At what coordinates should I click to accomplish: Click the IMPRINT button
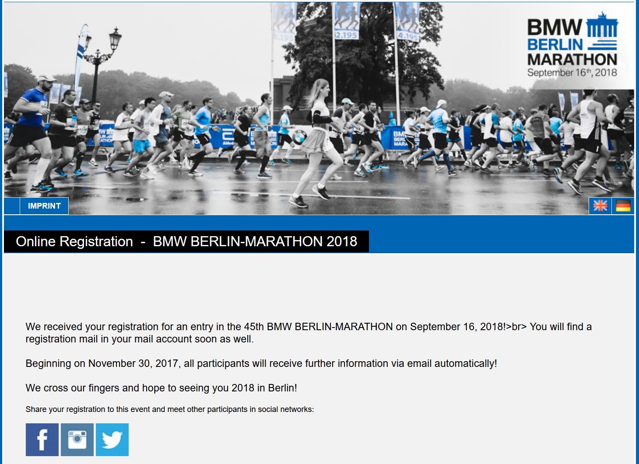(44, 206)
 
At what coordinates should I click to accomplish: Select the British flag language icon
(600, 206)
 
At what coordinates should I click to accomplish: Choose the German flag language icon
(623, 206)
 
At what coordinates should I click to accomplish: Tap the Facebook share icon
(42, 440)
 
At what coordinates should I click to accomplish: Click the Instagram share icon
(77, 440)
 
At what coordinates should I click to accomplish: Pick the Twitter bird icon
(112, 440)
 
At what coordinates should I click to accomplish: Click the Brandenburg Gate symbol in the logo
(602, 24)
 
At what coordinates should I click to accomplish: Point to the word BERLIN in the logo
(555, 45)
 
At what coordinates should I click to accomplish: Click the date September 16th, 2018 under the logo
(572, 73)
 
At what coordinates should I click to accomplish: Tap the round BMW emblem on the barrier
(299, 138)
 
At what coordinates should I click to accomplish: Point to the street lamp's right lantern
(115, 39)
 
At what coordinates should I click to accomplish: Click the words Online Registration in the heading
(74, 241)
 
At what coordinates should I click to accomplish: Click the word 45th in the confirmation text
(254, 327)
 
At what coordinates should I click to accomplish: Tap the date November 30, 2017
(133, 363)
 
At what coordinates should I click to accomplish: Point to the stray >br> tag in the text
(516, 327)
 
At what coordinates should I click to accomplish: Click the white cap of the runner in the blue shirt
(46, 78)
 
